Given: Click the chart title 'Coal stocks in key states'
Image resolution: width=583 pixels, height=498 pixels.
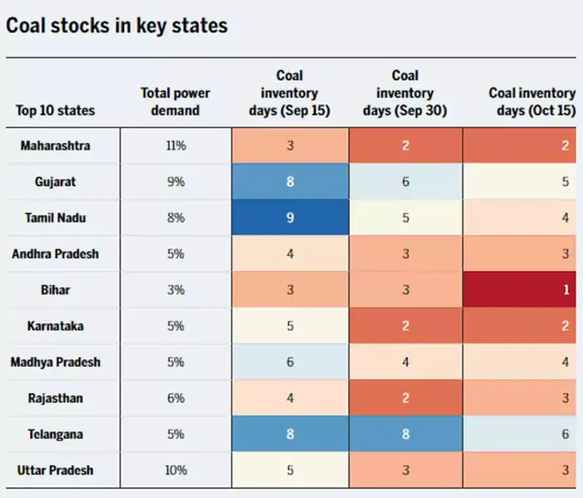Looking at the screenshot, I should [x=116, y=25].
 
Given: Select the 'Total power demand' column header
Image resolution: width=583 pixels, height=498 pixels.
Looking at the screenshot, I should [x=176, y=101].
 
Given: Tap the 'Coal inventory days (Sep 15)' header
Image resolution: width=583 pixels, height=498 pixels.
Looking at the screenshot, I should [x=289, y=93].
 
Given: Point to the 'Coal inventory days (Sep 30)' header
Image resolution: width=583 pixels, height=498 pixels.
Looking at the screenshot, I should [x=406, y=93].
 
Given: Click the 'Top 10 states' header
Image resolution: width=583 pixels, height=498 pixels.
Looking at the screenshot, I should [x=55, y=110].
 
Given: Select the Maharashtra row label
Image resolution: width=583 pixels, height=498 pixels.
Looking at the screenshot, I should [x=56, y=145].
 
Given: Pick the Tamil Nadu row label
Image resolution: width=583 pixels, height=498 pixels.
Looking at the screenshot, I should [x=56, y=218].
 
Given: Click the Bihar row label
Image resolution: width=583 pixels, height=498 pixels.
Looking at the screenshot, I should [x=56, y=289].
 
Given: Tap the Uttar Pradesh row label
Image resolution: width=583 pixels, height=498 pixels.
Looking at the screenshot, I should [x=56, y=470].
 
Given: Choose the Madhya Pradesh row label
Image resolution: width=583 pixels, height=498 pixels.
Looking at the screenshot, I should [x=56, y=362].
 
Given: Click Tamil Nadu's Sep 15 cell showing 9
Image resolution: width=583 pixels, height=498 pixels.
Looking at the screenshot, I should [x=290, y=218].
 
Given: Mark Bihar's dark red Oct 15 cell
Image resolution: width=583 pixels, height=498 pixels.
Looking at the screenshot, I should [x=522, y=289].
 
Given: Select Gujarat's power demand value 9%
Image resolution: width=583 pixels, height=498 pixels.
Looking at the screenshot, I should [x=176, y=181].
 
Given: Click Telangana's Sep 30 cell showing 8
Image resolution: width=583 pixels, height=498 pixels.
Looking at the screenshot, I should [x=406, y=434].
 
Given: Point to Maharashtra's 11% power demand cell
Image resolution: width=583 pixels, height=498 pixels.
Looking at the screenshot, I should [x=176, y=145].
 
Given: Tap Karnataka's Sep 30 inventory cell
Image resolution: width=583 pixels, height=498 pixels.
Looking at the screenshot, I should [x=406, y=325].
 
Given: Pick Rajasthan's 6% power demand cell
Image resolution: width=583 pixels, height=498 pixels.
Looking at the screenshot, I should [x=176, y=398].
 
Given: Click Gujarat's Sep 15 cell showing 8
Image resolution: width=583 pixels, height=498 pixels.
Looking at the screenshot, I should [x=290, y=181].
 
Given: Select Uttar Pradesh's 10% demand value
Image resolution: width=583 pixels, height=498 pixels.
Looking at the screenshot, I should [x=176, y=470].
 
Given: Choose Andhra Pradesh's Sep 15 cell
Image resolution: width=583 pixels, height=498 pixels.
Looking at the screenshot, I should [x=290, y=254].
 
